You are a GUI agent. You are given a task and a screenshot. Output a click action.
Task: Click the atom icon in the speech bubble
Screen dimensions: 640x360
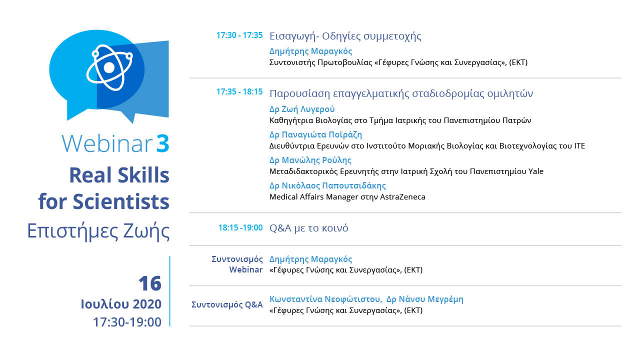tap(109, 67)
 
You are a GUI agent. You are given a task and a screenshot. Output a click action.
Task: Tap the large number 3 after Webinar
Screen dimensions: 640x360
tap(163, 143)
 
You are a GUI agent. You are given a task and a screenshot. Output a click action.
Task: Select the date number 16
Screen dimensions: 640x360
tap(150, 283)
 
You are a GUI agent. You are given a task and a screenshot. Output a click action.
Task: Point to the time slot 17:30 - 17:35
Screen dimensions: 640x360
tap(239, 35)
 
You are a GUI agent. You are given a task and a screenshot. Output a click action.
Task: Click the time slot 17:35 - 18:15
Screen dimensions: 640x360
tap(239, 91)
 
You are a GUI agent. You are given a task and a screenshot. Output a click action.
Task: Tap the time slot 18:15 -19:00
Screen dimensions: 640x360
tap(240, 227)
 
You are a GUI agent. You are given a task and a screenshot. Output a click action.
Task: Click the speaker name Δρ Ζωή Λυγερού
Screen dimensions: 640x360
tap(302, 109)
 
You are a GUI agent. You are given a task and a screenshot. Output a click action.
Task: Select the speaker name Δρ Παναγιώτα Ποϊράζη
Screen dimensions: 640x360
tap(315, 134)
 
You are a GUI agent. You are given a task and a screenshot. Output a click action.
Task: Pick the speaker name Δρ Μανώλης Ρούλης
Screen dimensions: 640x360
tap(310, 160)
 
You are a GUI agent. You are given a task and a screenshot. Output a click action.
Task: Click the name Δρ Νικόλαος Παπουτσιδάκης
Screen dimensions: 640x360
tap(327, 185)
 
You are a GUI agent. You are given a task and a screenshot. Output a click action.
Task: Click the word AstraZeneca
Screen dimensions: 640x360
tap(402, 197)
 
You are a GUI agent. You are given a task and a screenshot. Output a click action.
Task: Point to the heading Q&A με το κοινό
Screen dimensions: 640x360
tap(309, 228)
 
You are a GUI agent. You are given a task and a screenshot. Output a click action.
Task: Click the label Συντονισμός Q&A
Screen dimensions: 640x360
tap(227, 305)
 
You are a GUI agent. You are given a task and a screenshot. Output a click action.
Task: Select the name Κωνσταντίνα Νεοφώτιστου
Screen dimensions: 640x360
tap(325, 299)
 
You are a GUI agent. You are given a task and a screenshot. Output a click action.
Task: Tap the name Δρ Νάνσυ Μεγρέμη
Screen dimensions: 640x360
tap(425, 299)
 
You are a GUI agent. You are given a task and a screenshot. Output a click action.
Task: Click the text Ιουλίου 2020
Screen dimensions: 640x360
tap(121, 304)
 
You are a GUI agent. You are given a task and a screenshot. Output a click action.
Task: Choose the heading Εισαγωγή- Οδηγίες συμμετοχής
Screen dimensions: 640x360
tap(345, 36)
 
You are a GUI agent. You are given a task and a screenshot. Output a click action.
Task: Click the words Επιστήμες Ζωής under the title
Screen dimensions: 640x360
tap(98, 231)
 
